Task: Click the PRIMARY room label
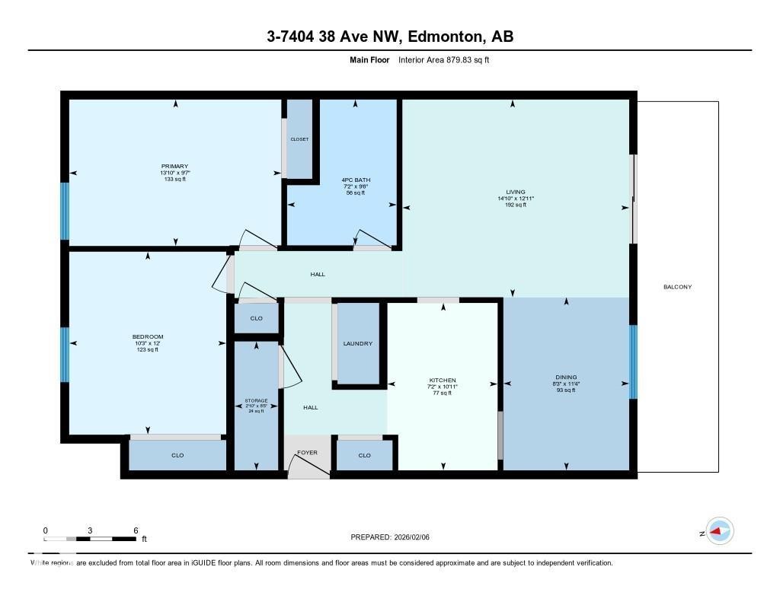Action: [174, 167]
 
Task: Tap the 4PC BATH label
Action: [355, 180]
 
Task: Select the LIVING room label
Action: [516, 192]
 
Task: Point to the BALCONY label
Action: [677, 287]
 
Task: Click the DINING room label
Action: [566, 377]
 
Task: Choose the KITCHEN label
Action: [443, 380]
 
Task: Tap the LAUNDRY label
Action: [358, 344]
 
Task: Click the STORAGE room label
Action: [256, 400]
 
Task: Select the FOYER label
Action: [307, 453]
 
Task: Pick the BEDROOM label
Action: [148, 337]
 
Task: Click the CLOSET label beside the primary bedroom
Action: [299, 140]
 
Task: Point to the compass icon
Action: [720, 532]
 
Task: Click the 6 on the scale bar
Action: [136, 530]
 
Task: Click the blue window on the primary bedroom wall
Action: [65, 211]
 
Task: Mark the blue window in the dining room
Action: [633, 362]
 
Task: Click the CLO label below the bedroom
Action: [177, 455]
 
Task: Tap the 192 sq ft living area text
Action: [516, 205]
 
